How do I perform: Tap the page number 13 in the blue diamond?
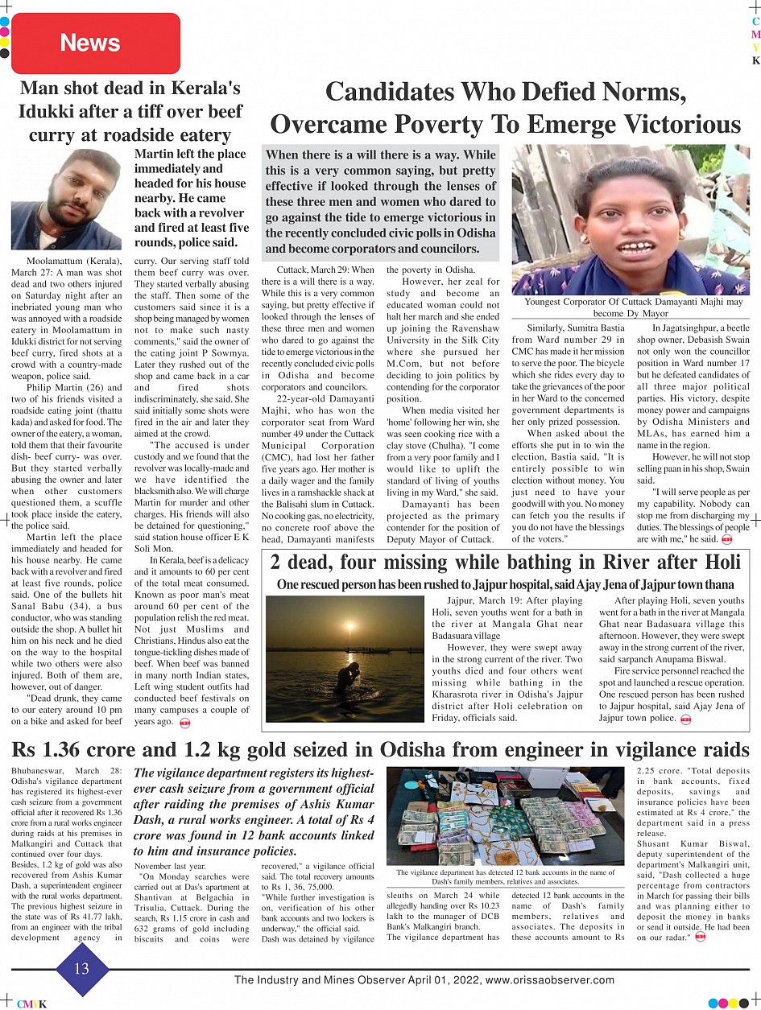(81, 969)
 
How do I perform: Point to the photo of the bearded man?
(66, 199)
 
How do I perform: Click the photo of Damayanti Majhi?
(631, 219)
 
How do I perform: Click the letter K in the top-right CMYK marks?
(755, 61)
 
